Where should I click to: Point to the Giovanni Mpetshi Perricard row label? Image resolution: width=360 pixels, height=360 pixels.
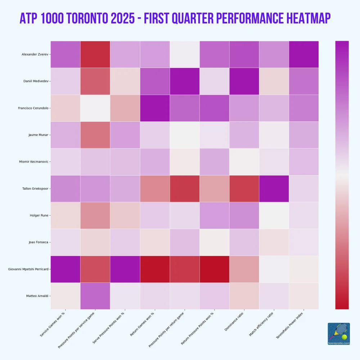[x=29, y=269]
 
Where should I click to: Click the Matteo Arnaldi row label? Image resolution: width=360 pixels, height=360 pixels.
[x=38, y=296]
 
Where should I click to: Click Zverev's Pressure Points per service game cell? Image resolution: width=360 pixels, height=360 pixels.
[x=95, y=54]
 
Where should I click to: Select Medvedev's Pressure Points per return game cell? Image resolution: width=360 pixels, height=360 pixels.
[x=185, y=81]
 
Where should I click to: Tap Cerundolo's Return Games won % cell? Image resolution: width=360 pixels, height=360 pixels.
[x=155, y=108]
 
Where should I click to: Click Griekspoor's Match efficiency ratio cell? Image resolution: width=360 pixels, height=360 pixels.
[x=274, y=189]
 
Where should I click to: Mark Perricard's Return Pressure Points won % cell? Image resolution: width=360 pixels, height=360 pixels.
[x=215, y=269]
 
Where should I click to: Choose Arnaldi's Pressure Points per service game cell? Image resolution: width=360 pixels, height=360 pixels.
[x=95, y=296]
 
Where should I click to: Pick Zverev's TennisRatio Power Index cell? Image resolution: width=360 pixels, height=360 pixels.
[x=304, y=54]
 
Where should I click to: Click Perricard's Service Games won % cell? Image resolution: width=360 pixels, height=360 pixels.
[x=65, y=269]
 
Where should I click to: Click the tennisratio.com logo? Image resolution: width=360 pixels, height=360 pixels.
[x=339, y=334]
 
